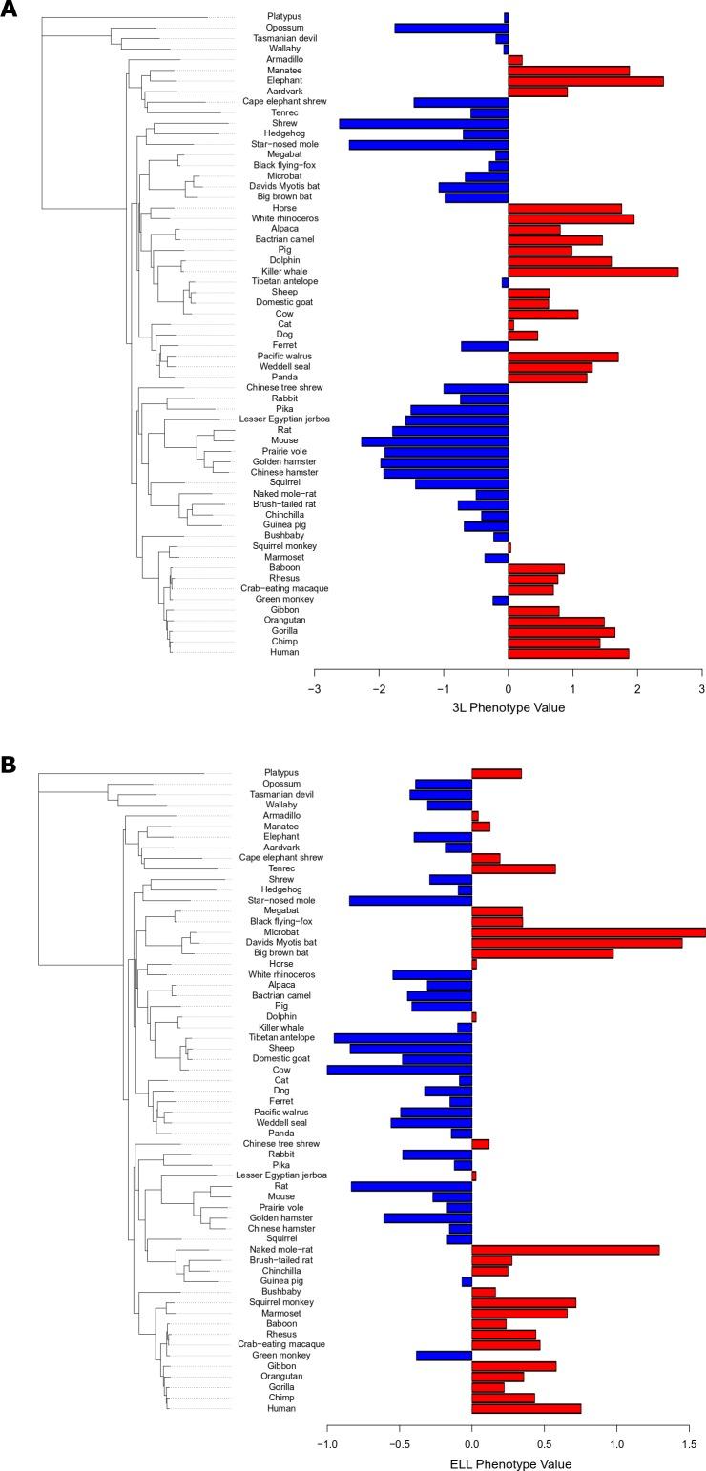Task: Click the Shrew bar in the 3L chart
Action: click(424, 123)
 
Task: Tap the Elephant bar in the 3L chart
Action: click(585, 81)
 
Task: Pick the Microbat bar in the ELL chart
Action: click(588, 931)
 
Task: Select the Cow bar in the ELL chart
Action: click(399, 1070)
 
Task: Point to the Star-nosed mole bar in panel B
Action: click(410, 900)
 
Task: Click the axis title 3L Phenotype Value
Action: click(508, 707)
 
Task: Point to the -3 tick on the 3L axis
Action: click(314, 687)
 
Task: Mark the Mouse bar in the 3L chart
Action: click(434, 440)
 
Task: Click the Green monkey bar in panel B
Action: click(444, 1356)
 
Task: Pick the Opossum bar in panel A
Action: click(451, 28)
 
